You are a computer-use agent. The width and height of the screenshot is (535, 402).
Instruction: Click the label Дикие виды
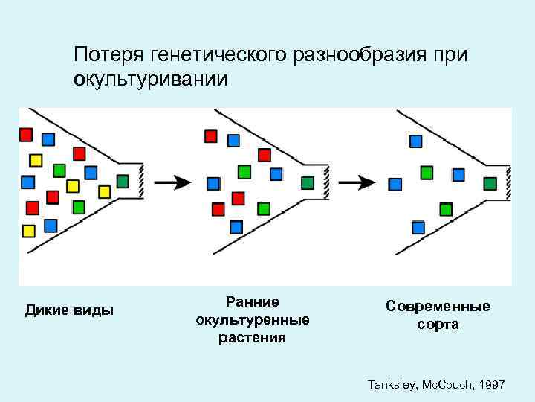click(x=70, y=310)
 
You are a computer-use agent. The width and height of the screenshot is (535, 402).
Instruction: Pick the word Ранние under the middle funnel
click(x=253, y=301)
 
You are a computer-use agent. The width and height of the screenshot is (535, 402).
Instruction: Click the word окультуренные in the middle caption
click(x=252, y=320)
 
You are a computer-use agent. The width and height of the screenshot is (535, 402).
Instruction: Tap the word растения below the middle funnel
click(x=252, y=338)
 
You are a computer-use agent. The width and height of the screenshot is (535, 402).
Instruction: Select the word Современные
click(x=438, y=306)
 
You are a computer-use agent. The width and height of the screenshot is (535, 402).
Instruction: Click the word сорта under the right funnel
click(x=438, y=325)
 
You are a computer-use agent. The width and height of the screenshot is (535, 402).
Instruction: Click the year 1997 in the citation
click(x=491, y=384)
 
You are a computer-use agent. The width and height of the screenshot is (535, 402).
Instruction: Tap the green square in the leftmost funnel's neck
click(x=123, y=181)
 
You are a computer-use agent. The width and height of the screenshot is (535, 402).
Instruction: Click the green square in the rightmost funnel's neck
click(x=490, y=183)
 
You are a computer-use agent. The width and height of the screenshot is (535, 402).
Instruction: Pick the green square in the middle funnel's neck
click(x=307, y=182)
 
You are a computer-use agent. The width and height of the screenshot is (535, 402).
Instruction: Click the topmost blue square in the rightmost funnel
click(x=416, y=141)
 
